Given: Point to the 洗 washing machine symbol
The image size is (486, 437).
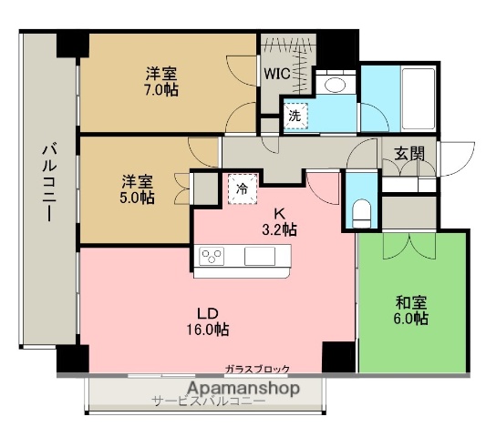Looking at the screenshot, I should coord(295,115).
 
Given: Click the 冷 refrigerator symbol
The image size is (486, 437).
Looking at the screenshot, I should coord(243,188).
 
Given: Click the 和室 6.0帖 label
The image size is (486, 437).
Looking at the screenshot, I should coord(411,310).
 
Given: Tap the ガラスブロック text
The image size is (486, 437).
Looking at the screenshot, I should coord(258,369).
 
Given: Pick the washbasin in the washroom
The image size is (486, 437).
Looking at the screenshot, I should coord(335,86).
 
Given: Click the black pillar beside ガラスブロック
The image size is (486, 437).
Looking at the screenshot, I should coord(337,356).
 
